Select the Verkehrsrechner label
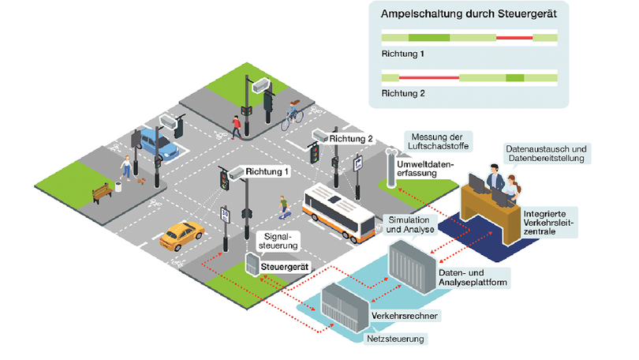(x=404, y=315)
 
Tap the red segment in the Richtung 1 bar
(x=514, y=37)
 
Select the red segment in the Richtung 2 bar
(x=429, y=77)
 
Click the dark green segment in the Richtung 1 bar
(x=429, y=37)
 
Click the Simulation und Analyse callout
(x=408, y=223)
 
